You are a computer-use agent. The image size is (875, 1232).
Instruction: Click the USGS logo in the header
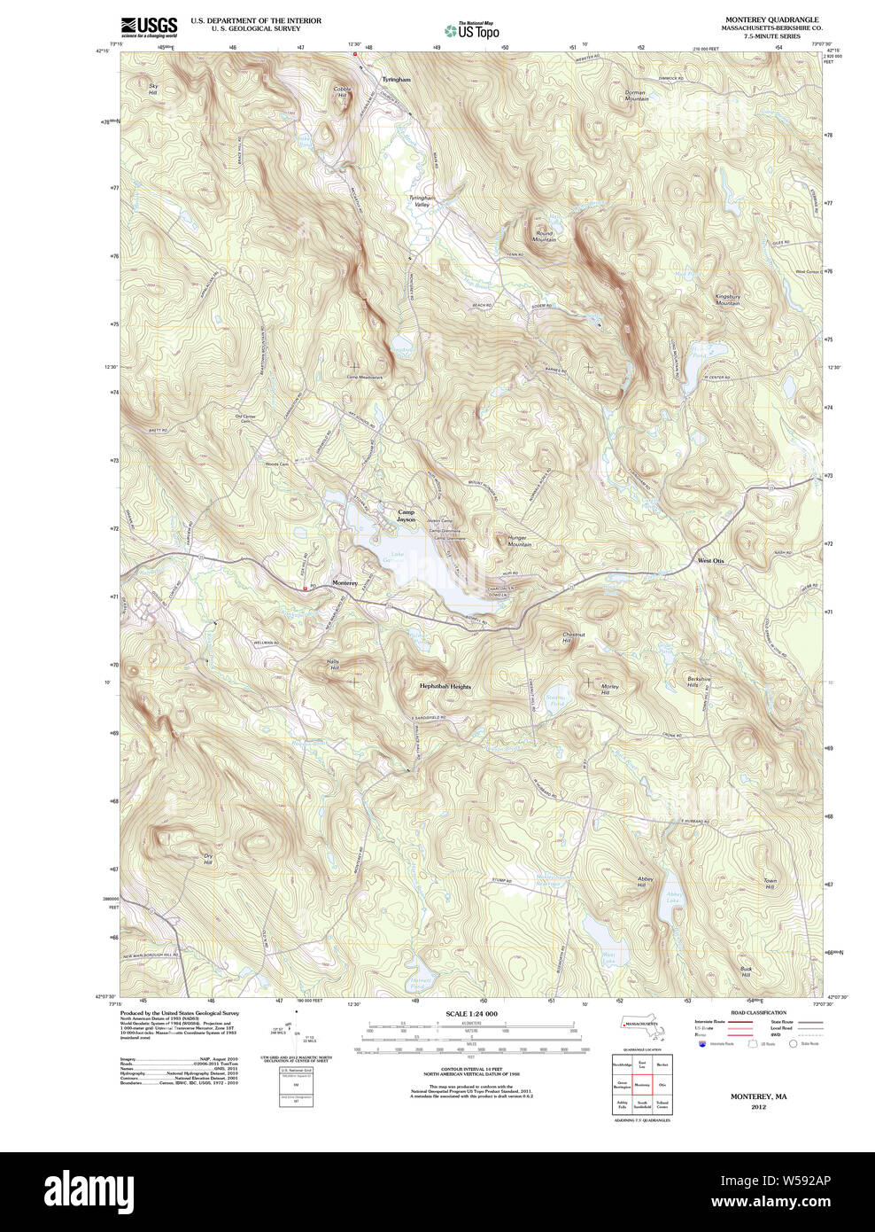coord(149,26)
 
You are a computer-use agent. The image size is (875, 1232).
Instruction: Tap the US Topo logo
coord(472,30)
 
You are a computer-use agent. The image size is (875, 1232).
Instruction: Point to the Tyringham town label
coord(396,80)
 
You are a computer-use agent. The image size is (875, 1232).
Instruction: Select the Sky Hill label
coord(153,90)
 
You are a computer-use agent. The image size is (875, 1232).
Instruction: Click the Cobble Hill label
coord(342,91)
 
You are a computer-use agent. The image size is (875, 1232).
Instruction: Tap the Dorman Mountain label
coord(636,96)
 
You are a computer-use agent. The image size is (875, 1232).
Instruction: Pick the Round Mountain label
coord(544,237)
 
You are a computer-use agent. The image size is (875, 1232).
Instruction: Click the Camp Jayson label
coord(406,515)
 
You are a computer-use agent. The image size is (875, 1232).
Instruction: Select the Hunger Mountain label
coord(519,541)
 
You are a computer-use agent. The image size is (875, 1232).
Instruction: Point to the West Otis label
coord(710,561)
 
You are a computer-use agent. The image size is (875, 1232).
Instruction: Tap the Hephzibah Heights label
coord(445,686)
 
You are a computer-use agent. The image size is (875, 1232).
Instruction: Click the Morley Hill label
coord(609,689)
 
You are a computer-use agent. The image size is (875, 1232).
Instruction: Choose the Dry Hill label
coord(207,859)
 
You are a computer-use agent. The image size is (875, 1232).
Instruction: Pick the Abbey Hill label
coord(645,882)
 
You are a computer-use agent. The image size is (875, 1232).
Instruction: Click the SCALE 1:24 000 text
coord(471,1014)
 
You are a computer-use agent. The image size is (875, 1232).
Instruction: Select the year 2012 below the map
coord(758,1107)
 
